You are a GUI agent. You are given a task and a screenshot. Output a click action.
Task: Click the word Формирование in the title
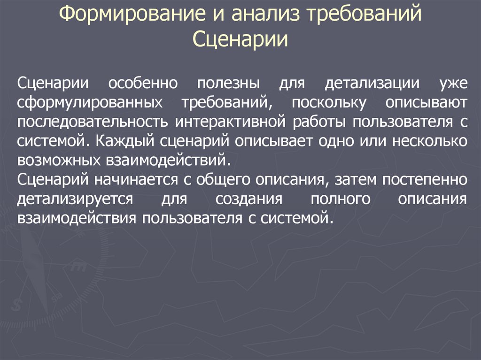tap(132, 14)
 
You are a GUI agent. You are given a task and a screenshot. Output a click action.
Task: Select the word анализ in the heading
tap(265, 13)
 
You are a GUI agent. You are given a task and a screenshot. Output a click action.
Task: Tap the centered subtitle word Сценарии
tap(240, 39)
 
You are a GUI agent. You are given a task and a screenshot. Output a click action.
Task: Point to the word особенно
tap(143, 83)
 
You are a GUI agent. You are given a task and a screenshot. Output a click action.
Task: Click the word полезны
tap(228, 83)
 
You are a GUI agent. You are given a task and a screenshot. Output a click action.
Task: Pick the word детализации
tap(372, 84)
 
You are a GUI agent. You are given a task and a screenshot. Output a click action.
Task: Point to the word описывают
tap(427, 103)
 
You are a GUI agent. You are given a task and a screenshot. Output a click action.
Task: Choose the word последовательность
tap(93, 122)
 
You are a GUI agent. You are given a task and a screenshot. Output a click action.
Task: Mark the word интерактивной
tap(230, 122)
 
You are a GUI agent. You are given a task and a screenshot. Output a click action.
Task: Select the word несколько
tap(430, 141)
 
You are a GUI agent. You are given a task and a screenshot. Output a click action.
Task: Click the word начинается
tap(136, 180)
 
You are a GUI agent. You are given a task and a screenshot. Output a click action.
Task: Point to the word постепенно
tap(425, 180)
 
